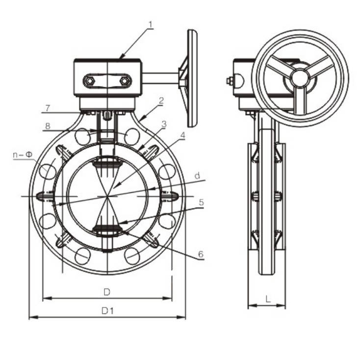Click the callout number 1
[151, 24]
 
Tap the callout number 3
[164, 124]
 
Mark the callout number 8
[48, 126]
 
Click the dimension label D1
[107, 311]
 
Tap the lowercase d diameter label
[197, 175]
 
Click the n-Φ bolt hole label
[23, 155]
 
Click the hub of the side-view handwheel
[299, 78]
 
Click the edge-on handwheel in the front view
[191, 78]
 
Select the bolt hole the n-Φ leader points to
[48, 171]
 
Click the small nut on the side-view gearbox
[229, 81]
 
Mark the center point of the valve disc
[107, 196]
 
